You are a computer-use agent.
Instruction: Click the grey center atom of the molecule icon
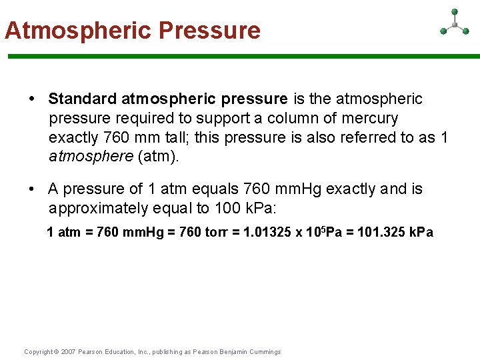tap(455, 25)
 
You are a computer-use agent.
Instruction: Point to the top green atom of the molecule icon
tap(455, 11)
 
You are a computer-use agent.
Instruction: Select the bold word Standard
tap(82, 99)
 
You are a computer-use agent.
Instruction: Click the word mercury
tap(369, 119)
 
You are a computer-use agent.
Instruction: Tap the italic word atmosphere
tap(91, 157)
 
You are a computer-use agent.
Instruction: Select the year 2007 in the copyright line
tap(68, 352)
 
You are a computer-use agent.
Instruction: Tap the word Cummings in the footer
tap(265, 352)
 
